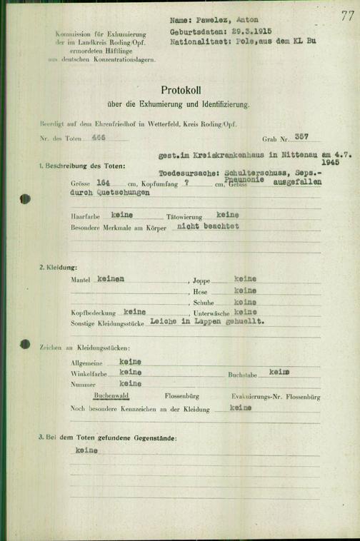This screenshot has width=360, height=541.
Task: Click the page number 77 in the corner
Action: coord(346,16)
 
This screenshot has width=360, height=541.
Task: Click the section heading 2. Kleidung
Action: coord(61,266)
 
